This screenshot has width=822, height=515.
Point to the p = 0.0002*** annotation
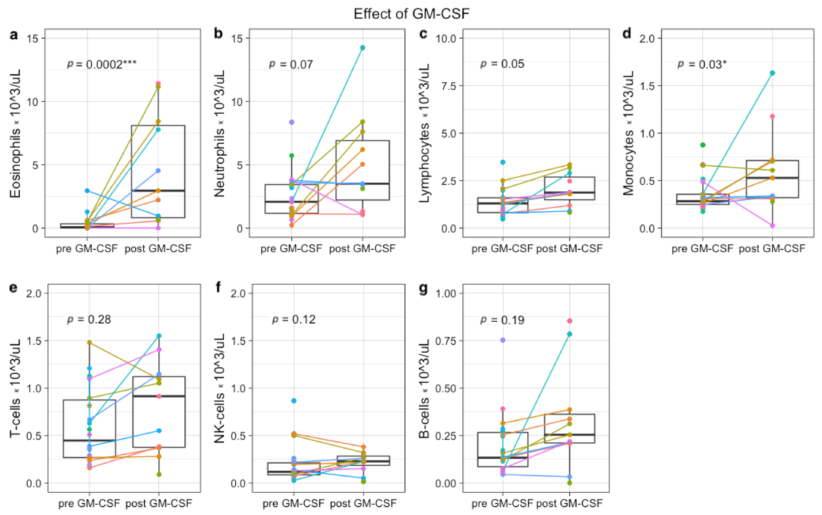point(102,64)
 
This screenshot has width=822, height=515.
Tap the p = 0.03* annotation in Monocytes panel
point(701,64)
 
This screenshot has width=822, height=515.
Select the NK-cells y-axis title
point(220,388)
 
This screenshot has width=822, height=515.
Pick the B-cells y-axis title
point(424,388)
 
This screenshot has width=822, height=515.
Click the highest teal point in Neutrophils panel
point(363,48)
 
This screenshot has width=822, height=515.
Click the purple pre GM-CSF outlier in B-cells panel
point(503,340)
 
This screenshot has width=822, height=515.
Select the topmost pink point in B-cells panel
point(570,321)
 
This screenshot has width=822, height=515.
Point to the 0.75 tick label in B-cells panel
point(446,341)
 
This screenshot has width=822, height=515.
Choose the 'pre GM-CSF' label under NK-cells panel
point(293,503)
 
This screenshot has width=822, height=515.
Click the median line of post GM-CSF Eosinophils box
point(158,191)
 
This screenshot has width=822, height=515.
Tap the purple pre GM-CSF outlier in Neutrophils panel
point(292,122)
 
